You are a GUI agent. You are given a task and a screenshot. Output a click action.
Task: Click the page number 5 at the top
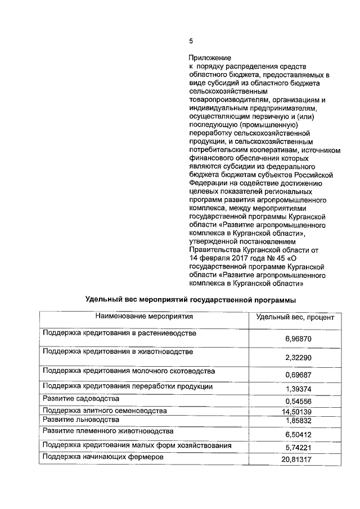click(191, 41)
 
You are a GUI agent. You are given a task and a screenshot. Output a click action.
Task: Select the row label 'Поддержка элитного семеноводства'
click(105, 411)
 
